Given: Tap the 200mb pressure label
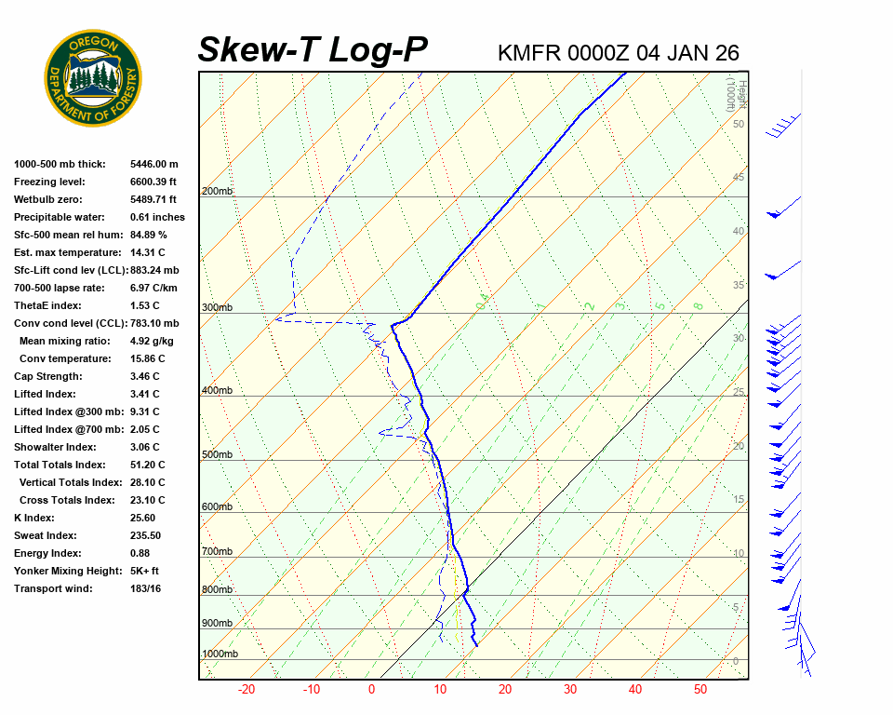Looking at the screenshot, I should pyautogui.click(x=217, y=192).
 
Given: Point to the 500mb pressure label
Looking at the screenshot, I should pyautogui.click(x=217, y=454).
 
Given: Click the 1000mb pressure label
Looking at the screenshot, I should pyautogui.click(x=220, y=654).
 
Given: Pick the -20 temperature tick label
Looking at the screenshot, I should pyautogui.click(x=247, y=690).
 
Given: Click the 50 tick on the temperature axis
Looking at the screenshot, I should pyautogui.click(x=700, y=690).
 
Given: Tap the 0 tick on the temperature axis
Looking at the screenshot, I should pyautogui.click(x=371, y=690).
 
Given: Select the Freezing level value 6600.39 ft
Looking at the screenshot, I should pyautogui.click(x=153, y=182).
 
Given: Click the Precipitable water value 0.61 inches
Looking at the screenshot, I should pyautogui.click(x=157, y=217).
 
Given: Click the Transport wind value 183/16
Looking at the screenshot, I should pyautogui.click(x=146, y=588).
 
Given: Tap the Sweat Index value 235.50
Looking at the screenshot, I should pyautogui.click(x=145, y=535).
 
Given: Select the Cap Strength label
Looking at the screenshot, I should pyautogui.click(x=47, y=376).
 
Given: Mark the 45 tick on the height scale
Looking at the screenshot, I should pyautogui.click(x=739, y=177).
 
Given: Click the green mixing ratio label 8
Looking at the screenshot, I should pyautogui.click(x=698, y=305).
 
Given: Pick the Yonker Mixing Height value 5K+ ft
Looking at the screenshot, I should pyautogui.click(x=145, y=571).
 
